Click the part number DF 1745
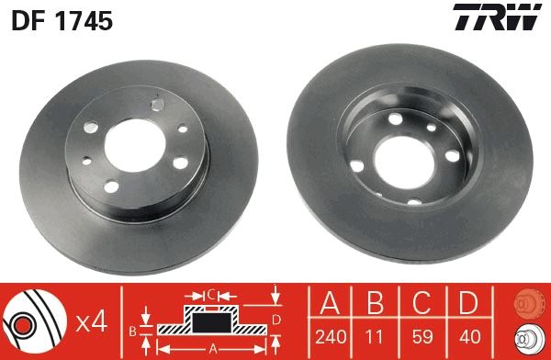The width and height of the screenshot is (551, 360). (x=62, y=21)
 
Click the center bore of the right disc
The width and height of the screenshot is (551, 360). (x=401, y=152)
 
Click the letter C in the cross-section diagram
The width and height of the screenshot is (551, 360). (x=211, y=294)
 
